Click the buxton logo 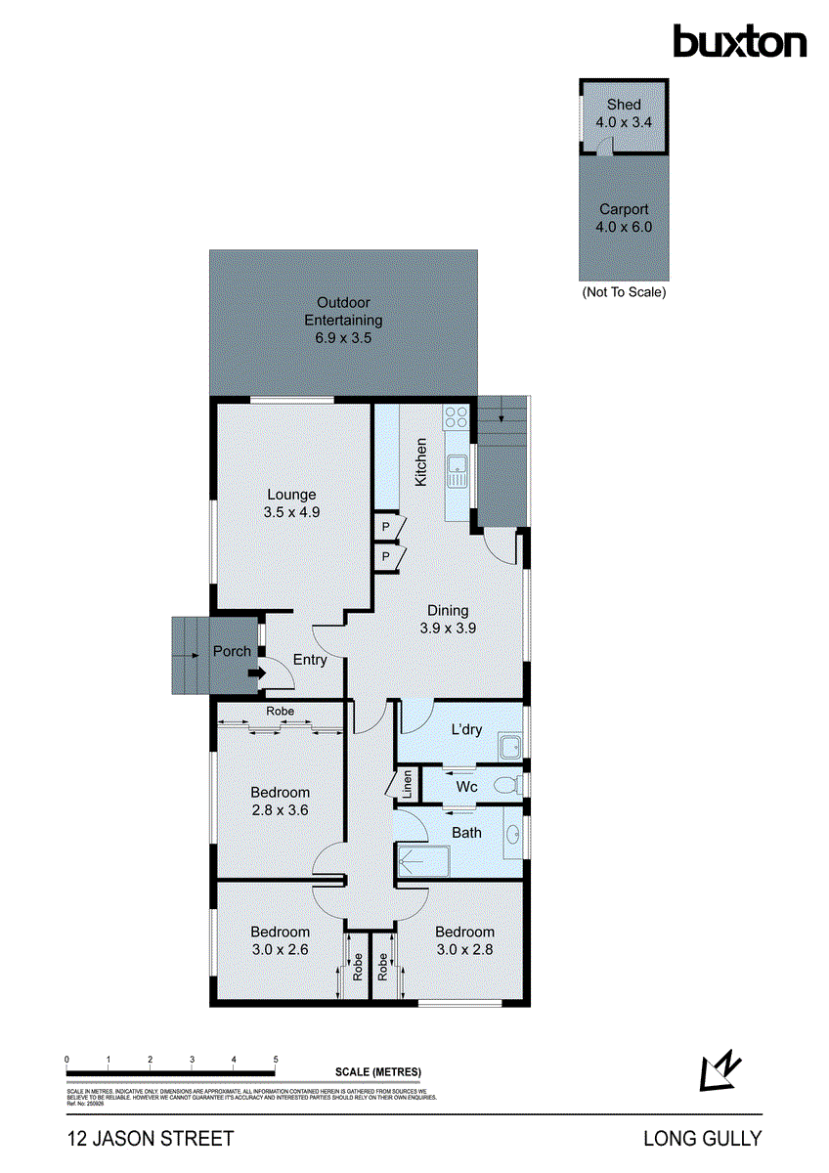click(x=739, y=41)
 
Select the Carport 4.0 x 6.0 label click(x=624, y=218)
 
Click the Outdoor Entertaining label click(x=343, y=320)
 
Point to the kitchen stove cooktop click(x=457, y=417)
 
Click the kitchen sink click(x=457, y=472)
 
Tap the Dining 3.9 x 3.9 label click(x=448, y=620)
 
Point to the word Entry click(x=310, y=660)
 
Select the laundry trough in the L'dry click(x=509, y=747)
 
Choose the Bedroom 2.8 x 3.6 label click(x=280, y=801)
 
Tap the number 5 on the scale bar click(x=276, y=1060)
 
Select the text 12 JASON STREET click(x=151, y=1139)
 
